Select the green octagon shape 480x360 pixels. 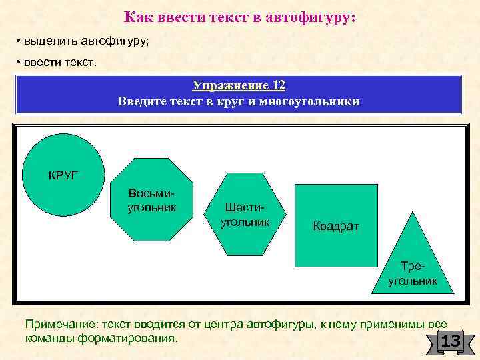click(152, 200)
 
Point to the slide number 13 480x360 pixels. click(451, 342)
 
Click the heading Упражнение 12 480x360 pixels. click(239, 85)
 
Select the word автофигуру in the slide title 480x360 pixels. click(312, 18)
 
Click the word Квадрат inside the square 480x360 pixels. click(336, 226)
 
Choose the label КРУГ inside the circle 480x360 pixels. click(63, 175)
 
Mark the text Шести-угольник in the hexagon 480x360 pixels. click(245, 214)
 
